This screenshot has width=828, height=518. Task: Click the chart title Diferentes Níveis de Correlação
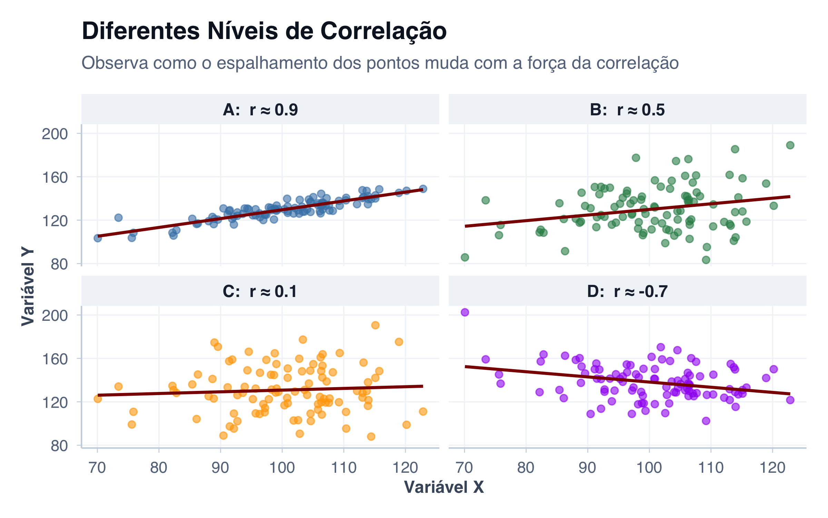point(264,31)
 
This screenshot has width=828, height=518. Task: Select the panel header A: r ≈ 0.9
point(260,110)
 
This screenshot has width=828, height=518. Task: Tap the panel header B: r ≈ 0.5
point(627,110)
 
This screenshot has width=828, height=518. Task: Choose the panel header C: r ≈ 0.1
point(260,291)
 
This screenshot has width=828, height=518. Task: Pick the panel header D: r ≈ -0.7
point(627,291)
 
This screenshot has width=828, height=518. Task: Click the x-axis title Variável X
point(444,487)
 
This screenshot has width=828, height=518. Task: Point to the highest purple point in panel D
point(465,312)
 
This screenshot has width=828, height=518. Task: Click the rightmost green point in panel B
point(790,145)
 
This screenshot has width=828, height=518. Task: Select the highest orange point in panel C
point(375,325)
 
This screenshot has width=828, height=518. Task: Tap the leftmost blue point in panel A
point(98,238)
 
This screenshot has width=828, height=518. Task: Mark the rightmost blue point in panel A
point(423,189)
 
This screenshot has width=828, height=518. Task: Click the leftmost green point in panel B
point(465,257)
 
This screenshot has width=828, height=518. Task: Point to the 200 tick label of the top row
point(55,134)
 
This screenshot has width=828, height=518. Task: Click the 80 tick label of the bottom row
point(59,446)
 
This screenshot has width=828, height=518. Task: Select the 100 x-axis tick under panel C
point(282,468)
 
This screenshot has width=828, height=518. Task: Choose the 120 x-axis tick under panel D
point(772,468)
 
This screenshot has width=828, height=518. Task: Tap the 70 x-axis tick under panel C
point(97,468)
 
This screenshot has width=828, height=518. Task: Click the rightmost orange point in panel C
point(423,411)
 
